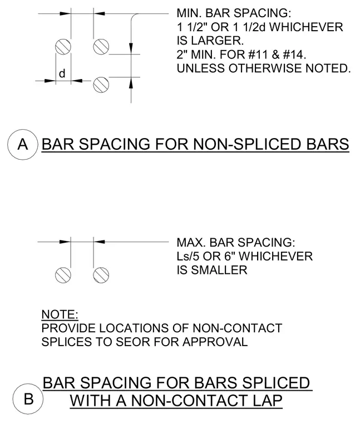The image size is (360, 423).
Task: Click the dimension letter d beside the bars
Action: (x=62, y=73)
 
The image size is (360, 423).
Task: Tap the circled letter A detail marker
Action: (x=23, y=144)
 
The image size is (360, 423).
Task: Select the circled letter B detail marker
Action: (x=28, y=399)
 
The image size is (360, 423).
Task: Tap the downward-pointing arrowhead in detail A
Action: (x=131, y=48)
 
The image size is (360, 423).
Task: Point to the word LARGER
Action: (x=218, y=41)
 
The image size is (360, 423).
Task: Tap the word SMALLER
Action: (x=219, y=270)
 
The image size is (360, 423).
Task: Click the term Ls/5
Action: (x=188, y=256)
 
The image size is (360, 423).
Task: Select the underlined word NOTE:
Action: (x=60, y=314)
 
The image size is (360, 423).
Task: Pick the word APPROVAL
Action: (x=215, y=342)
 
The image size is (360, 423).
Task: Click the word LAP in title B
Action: (x=267, y=400)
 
